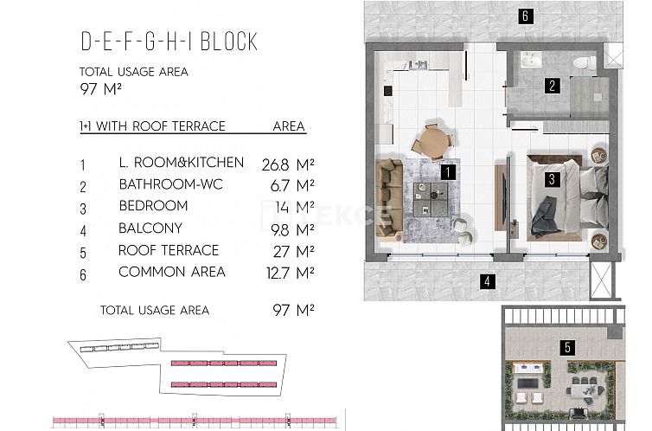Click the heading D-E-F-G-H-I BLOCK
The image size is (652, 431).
click(169, 42)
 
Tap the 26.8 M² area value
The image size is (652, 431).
click(287, 163)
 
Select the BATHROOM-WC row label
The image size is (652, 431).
click(169, 184)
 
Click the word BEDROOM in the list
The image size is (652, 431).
click(153, 206)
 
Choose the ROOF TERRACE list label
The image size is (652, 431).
click(169, 250)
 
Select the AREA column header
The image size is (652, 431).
click(289, 126)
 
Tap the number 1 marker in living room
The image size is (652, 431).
click(448, 171)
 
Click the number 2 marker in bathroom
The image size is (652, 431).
click(552, 85)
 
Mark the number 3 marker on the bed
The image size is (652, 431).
click(551, 180)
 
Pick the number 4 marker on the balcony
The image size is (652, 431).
click(488, 280)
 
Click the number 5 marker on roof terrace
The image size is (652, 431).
click(566, 348)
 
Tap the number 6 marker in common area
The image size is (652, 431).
click(524, 15)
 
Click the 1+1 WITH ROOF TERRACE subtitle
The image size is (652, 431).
click(152, 126)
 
